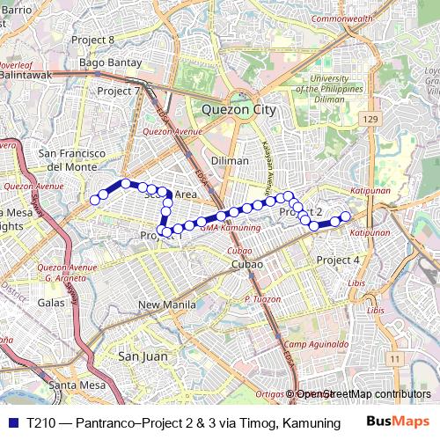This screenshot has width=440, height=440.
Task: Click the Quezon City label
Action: [x=238, y=110]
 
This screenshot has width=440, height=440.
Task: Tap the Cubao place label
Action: [x=247, y=264]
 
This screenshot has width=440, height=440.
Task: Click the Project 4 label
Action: [x=338, y=260]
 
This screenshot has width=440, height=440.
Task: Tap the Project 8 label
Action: [x=118, y=40]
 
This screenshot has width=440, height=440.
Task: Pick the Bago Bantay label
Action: [x=106, y=62]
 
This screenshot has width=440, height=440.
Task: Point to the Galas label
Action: [x=52, y=302]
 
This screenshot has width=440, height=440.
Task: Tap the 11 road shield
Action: [x=396, y=358]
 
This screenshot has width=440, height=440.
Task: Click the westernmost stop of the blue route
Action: [x=94, y=200]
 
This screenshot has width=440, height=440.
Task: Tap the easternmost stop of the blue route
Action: [x=346, y=216]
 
